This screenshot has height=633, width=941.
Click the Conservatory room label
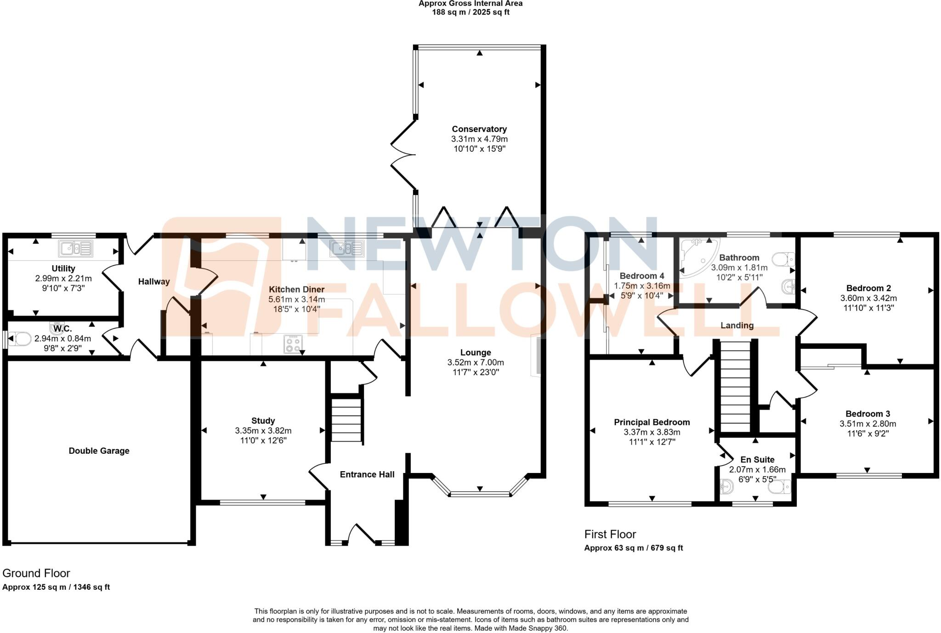click(479, 129)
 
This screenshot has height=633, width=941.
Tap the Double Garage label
click(99, 451)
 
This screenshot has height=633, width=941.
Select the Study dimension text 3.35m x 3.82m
click(263, 431)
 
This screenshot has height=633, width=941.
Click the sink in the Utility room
click(76, 249)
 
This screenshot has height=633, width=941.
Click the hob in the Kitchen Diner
click(293, 344)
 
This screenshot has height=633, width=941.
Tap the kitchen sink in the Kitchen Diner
click(346, 249)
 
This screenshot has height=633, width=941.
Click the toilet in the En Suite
click(781, 486)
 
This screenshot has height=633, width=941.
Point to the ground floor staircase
click(347, 420)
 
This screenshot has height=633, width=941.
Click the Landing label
click(737, 325)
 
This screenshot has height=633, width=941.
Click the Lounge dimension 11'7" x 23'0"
click(476, 372)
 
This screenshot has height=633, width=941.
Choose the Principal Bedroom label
click(652, 422)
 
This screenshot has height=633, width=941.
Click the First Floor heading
click(610, 534)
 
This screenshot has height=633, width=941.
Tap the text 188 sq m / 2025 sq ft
click(470, 12)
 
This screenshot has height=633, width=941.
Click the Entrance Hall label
click(367, 474)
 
